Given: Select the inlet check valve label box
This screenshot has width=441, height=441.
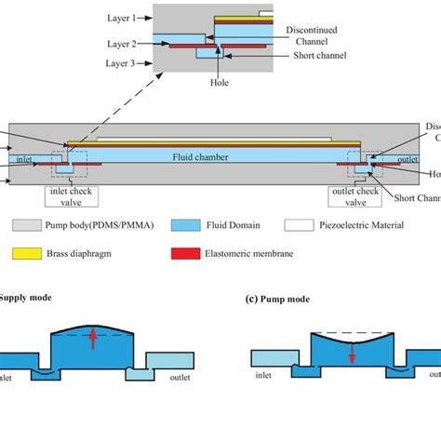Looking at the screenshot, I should click(74, 196).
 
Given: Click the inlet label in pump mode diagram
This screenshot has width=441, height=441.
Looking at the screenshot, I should click(268, 378).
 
